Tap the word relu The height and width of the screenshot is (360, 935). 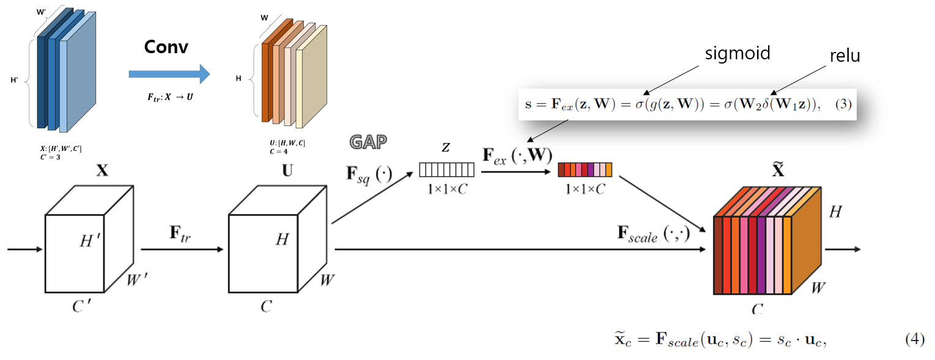[x=844, y=56]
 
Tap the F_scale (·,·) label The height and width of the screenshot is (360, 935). [x=653, y=234]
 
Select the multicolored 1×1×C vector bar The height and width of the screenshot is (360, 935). [x=585, y=169]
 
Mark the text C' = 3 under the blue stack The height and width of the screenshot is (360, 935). [x=49, y=157]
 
